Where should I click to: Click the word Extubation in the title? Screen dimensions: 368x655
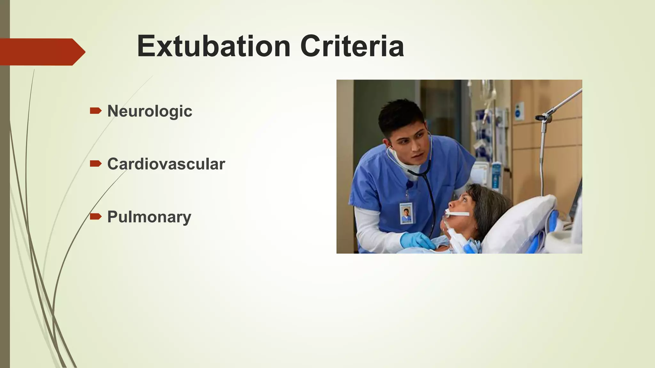click(214, 46)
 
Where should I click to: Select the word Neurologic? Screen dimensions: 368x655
click(150, 111)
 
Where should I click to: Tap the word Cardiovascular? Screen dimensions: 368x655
click(166, 164)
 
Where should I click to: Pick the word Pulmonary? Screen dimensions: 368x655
click(149, 217)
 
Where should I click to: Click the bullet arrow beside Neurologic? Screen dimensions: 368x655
click(96, 111)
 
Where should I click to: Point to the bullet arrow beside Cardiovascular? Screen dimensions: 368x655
click(96, 164)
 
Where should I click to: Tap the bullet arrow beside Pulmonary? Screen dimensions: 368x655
click(96, 217)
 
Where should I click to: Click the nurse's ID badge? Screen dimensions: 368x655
click(406, 213)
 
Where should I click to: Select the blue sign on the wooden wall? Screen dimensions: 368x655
click(520, 111)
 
